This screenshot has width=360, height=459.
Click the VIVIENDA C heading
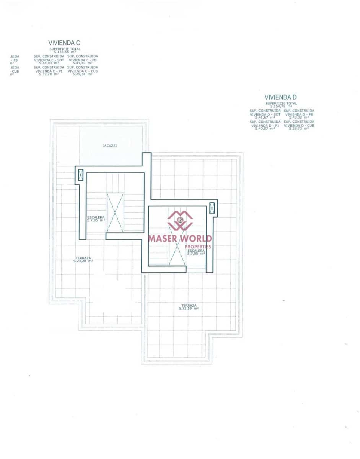[x=64, y=43]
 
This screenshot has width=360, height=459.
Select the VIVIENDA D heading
[x=280, y=98]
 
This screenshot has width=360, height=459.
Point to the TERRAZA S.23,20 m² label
[x=83, y=259]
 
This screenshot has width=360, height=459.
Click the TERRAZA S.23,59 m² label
[x=189, y=307]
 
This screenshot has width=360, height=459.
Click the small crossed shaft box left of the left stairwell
[x=81, y=175]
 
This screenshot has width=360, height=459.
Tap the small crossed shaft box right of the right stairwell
[x=212, y=208]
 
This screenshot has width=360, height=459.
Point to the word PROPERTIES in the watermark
[x=198, y=246]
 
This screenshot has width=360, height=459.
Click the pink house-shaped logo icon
[x=180, y=220]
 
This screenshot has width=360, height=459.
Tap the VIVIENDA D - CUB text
[x=299, y=125]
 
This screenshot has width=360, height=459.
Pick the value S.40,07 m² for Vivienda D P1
[x=265, y=129]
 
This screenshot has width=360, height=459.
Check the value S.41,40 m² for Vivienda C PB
[x=82, y=63]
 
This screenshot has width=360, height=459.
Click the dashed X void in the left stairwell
[x=115, y=212]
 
